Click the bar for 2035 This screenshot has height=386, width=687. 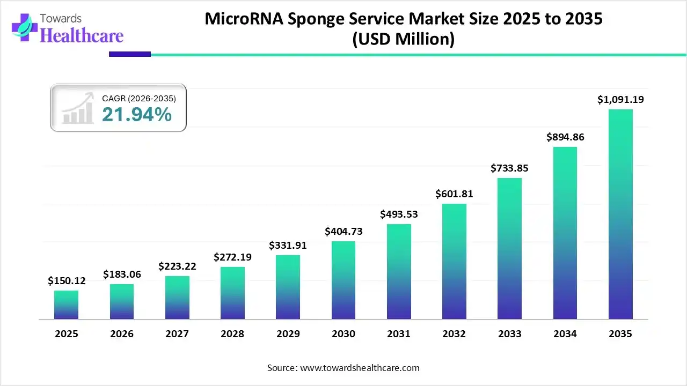tap(620, 214)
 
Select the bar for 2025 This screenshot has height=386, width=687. tap(66, 305)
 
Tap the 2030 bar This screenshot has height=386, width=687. tap(343, 280)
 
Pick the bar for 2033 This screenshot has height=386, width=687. tap(509, 249)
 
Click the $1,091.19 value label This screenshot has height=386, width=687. tap(620, 99)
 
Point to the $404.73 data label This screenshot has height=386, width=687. tap(343, 232)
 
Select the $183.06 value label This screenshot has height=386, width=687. tap(122, 274)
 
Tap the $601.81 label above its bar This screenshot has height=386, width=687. tap(454, 194)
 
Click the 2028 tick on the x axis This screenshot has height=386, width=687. tap(232, 334)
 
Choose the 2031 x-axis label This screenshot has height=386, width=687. tap(399, 334)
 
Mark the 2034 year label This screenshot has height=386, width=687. tap(565, 334)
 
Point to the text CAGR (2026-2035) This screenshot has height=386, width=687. tap(138, 98)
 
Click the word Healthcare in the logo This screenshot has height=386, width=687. tap(82, 35)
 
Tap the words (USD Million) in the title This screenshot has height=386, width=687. tap(403, 40)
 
